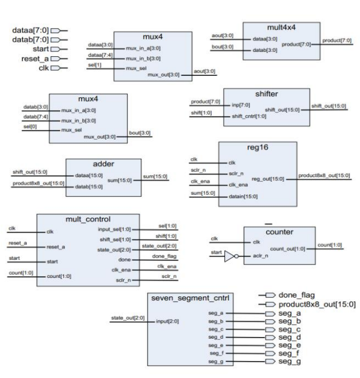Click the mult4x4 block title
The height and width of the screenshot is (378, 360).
[x=281, y=27]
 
